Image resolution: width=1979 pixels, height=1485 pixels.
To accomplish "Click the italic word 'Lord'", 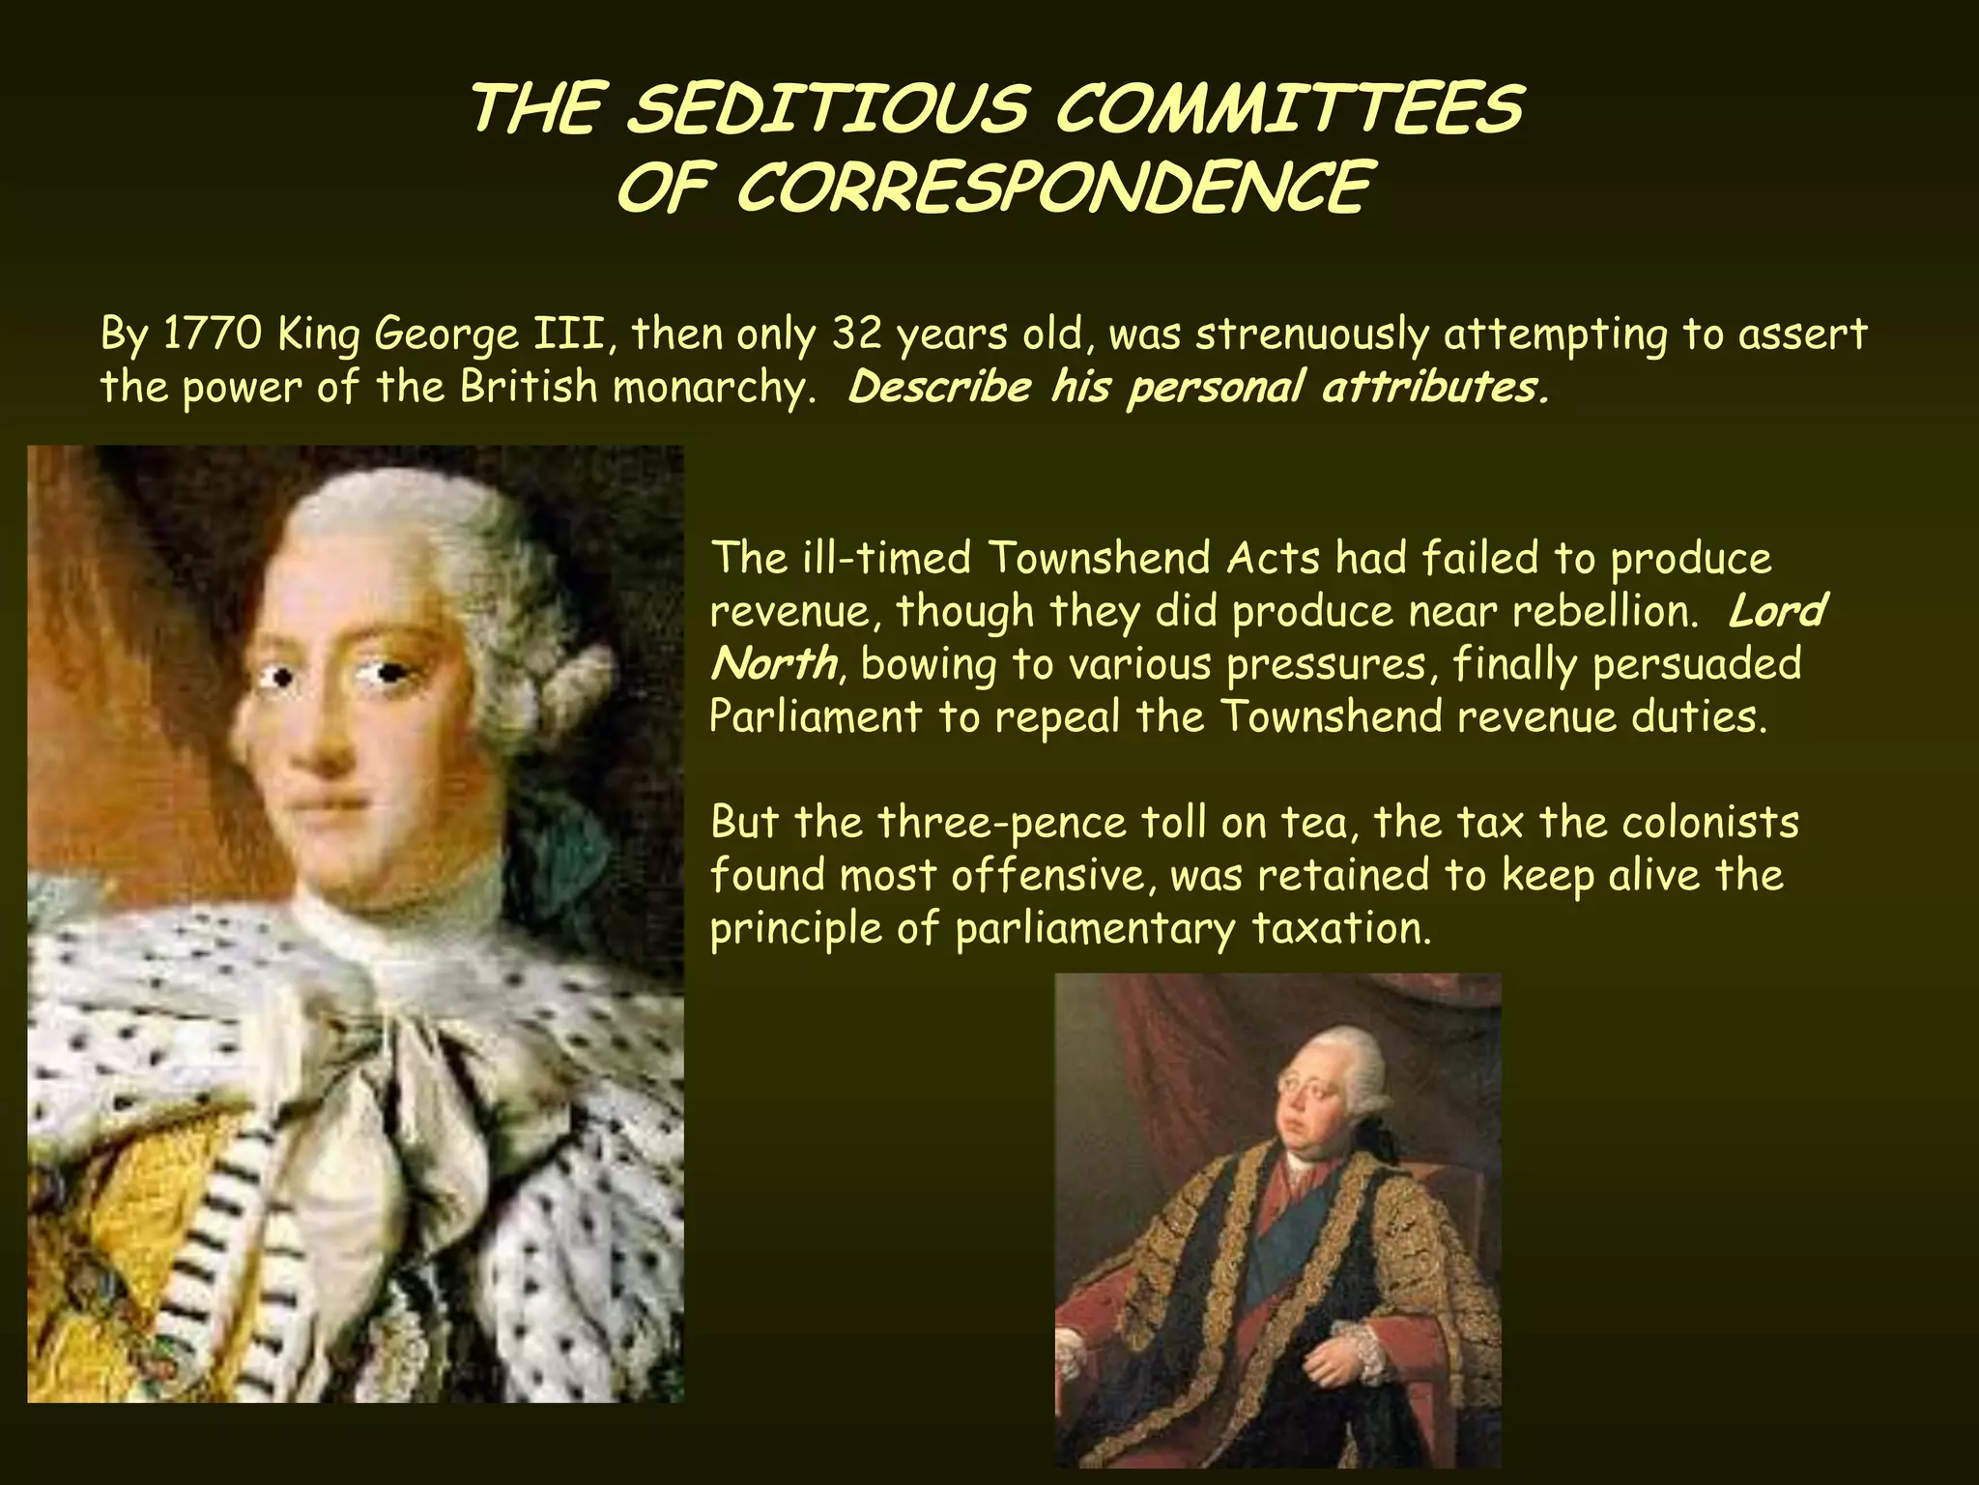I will click(x=1776, y=611).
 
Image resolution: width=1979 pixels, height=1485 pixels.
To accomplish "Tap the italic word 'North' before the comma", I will click(x=773, y=664).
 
